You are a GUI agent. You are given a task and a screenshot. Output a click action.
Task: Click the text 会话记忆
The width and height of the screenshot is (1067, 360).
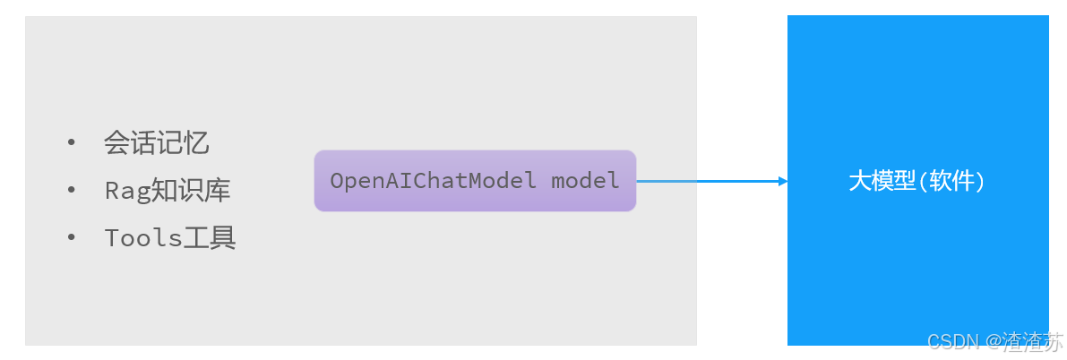(x=157, y=143)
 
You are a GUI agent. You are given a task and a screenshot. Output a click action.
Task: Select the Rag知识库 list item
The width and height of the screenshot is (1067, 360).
(x=168, y=191)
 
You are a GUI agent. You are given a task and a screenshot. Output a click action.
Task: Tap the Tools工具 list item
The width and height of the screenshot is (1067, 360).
(x=170, y=237)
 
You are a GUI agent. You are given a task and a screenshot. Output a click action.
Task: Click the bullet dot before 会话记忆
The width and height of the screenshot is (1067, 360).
(x=72, y=143)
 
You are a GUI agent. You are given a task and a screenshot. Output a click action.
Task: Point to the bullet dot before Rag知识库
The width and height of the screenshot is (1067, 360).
(x=72, y=190)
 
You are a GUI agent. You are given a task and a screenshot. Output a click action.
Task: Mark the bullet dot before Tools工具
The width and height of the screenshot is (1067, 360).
(x=72, y=236)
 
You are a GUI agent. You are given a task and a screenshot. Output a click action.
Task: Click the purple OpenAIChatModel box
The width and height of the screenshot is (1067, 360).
(x=475, y=181)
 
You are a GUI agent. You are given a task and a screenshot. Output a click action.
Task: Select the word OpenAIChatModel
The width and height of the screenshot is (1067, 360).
(x=433, y=181)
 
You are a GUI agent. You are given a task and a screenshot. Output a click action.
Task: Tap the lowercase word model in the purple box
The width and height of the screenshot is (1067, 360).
(x=585, y=181)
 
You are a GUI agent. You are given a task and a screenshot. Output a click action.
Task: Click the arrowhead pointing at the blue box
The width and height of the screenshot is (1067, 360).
(x=783, y=181)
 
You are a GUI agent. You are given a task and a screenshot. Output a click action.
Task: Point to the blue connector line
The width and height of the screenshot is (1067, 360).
(x=712, y=181)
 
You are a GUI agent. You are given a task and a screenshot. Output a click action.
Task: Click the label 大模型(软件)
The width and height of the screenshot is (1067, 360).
(x=916, y=181)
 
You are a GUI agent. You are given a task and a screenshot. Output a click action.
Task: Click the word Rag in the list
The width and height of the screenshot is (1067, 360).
(x=126, y=192)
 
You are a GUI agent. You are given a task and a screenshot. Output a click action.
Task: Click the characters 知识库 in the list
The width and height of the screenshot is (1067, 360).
(x=190, y=191)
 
